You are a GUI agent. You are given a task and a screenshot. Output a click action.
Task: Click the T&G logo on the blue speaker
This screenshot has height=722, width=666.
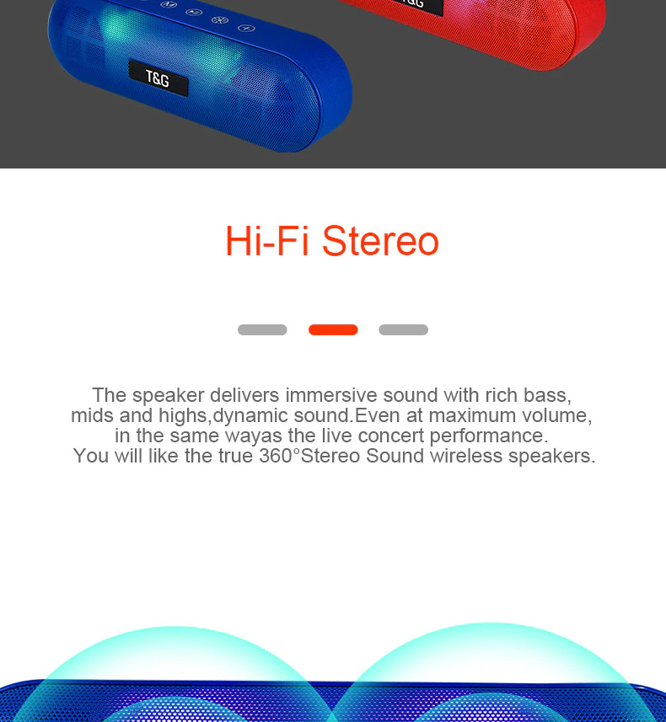click(x=158, y=78)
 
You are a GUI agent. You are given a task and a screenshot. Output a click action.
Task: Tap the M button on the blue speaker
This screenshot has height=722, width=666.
click(x=169, y=4)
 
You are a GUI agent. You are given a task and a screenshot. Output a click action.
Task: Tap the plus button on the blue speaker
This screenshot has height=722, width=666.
click(x=246, y=29)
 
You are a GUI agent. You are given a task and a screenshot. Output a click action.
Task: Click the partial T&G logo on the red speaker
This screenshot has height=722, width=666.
click(x=413, y=3)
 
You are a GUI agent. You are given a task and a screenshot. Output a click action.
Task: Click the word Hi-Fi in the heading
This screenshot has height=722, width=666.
click(x=267, y=240)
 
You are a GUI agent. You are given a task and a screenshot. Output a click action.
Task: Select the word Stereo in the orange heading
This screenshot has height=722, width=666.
click(x=380, y=240)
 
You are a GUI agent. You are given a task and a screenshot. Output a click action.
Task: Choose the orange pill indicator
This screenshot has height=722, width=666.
click(x=333, y=329)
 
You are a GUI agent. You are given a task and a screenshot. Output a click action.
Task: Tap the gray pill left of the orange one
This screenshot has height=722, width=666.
click(x=262, y=329)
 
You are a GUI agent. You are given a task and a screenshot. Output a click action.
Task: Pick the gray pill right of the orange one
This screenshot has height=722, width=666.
click(x=404, y=329)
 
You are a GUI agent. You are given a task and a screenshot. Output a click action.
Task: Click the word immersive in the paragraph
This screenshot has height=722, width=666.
click(x=331, y=395)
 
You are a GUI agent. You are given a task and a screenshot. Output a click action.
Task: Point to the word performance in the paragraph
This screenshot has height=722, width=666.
click(x=489, y=436)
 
